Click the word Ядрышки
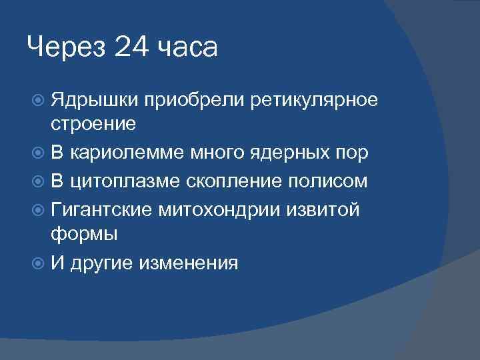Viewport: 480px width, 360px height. pos(95,100)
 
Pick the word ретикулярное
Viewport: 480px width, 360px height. pos(315,100)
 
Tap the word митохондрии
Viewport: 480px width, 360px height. pos(227,210)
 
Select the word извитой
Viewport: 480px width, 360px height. pos(329,210)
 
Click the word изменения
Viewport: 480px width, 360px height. pos(188,263)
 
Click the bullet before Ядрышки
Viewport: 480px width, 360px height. pos(38,100)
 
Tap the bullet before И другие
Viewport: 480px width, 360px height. pos(38,263)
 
